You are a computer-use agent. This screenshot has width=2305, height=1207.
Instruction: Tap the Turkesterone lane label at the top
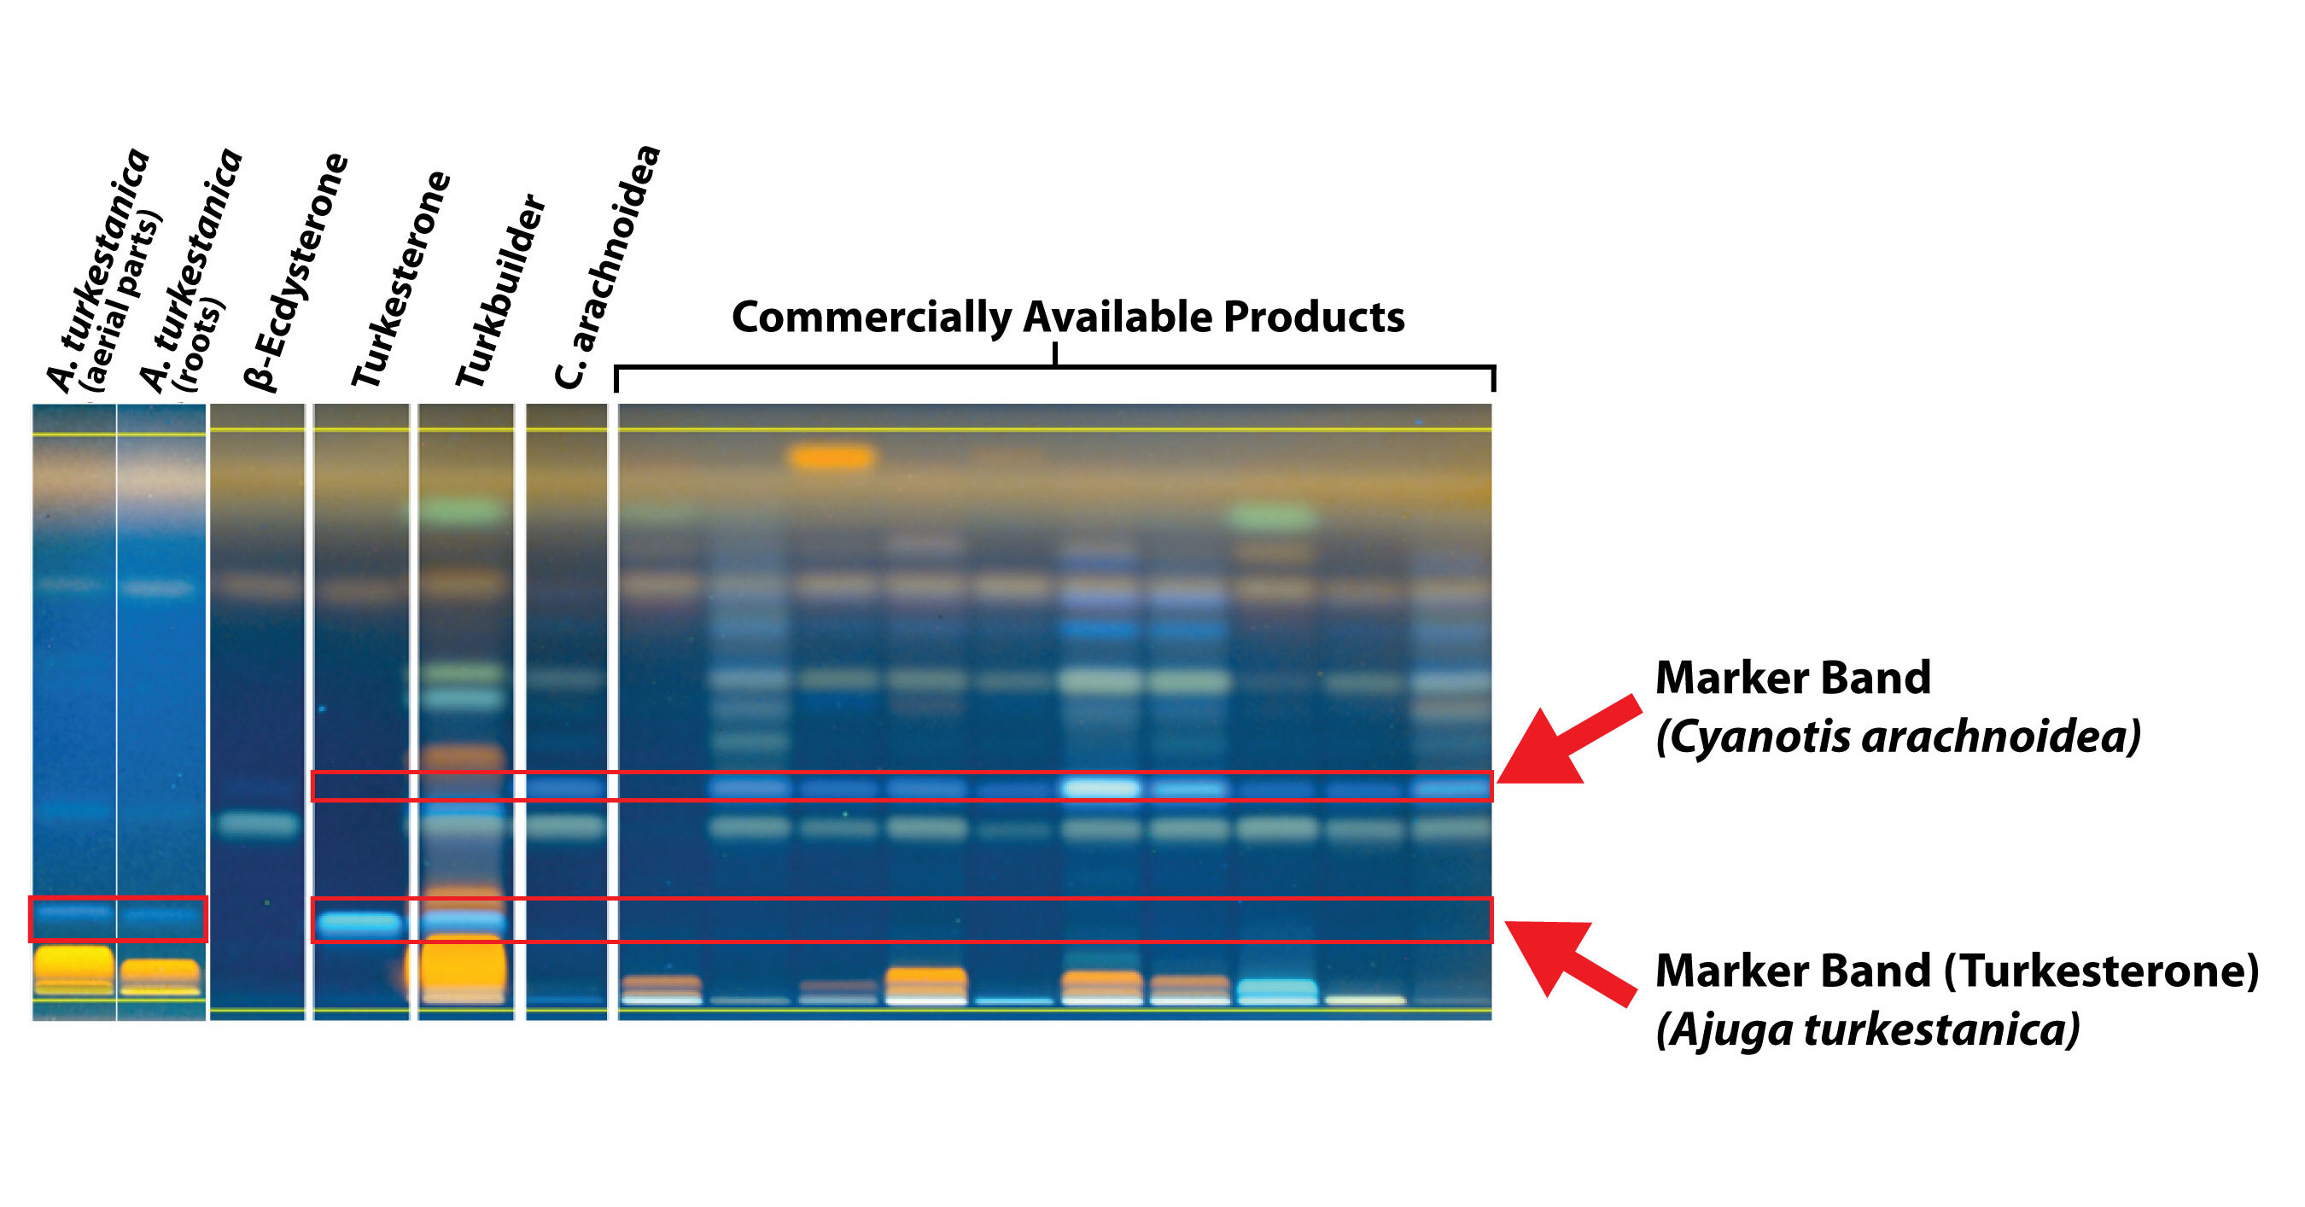[400, 278]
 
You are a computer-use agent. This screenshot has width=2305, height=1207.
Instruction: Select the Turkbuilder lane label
[500, 290]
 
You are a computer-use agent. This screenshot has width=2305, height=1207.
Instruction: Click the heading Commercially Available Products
[1068, 317]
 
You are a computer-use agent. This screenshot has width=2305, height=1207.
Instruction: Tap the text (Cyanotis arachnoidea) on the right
[1898, 738]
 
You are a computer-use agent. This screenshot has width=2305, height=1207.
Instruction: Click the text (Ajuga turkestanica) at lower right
[1867, 1029]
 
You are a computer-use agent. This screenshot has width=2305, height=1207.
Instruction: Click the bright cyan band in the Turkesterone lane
[359, 923]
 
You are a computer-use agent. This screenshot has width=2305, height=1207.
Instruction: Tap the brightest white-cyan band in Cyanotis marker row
[1101, 787]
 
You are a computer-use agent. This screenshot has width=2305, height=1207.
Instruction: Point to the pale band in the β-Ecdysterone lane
[259, 824]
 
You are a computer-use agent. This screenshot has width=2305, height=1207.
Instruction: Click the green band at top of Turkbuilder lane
[464, 512]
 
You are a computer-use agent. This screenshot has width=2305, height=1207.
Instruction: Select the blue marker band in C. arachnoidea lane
[564, 787]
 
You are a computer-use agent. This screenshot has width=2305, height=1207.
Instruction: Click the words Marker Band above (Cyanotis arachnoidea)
[1792, 677]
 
